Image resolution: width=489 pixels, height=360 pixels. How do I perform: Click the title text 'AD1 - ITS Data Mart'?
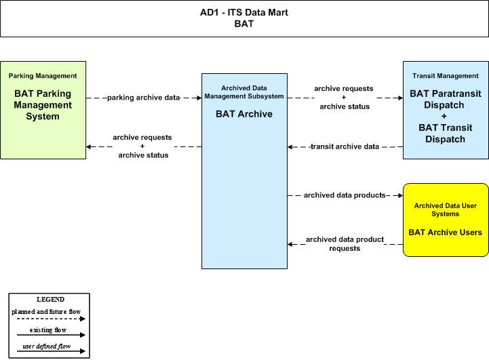[244, 12]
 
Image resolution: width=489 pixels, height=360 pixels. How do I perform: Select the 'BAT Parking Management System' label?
[43, 105]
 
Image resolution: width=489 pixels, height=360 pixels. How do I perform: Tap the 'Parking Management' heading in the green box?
[43, 76]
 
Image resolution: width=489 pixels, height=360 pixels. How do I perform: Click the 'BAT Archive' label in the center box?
[244, 114]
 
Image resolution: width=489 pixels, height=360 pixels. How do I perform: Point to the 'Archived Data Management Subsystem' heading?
[244, 92]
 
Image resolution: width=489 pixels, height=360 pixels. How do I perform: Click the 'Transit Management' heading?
[446, 76]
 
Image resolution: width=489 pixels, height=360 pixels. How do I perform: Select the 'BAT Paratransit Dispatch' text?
[446, 99]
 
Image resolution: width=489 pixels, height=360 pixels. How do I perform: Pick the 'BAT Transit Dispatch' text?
[446, 134]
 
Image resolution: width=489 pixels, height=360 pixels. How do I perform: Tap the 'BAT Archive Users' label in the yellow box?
[446, 233]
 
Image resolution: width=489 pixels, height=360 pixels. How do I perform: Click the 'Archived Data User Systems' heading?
[446, 209]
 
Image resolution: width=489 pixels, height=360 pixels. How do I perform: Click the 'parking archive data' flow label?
[144, 98]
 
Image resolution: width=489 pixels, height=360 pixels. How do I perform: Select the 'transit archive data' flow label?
[345, 146]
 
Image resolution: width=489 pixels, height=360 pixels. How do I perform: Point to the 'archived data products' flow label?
[345, 195]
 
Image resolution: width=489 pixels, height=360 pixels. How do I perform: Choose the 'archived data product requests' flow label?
[345, 244]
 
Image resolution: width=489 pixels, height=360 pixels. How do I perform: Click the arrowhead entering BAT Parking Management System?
[89, 146]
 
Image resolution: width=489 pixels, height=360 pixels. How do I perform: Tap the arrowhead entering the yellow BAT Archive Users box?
[400, 195]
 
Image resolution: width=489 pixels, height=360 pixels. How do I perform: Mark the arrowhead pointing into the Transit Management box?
[400, 98]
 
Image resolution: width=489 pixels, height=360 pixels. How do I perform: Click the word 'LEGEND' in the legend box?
[50, 300]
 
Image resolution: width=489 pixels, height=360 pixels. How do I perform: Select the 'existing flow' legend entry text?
[48, 329]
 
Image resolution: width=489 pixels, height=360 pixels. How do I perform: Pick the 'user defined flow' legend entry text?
[47, 346]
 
